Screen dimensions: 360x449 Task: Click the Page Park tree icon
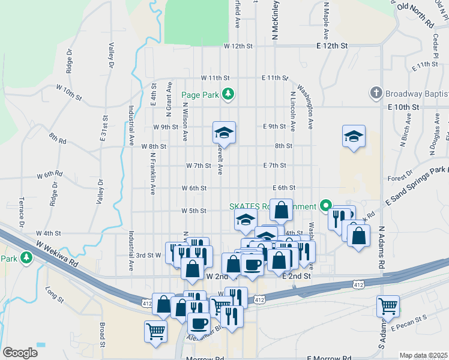coord(228,94)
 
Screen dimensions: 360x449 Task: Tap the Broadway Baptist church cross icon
coord(376,93)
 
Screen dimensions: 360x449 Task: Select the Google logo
coord(20,353)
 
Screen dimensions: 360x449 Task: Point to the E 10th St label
coord(402,107)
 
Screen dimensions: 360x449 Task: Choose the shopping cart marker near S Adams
coord(388,306)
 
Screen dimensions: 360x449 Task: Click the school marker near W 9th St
coord(224,132)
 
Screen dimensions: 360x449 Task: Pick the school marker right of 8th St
coord(354,136)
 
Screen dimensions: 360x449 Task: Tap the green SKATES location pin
coord(325,206)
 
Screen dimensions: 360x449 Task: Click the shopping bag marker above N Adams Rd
coord(358,235)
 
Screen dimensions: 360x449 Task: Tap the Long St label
coord(54,294)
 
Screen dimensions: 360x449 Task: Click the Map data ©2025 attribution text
coord(423,355)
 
